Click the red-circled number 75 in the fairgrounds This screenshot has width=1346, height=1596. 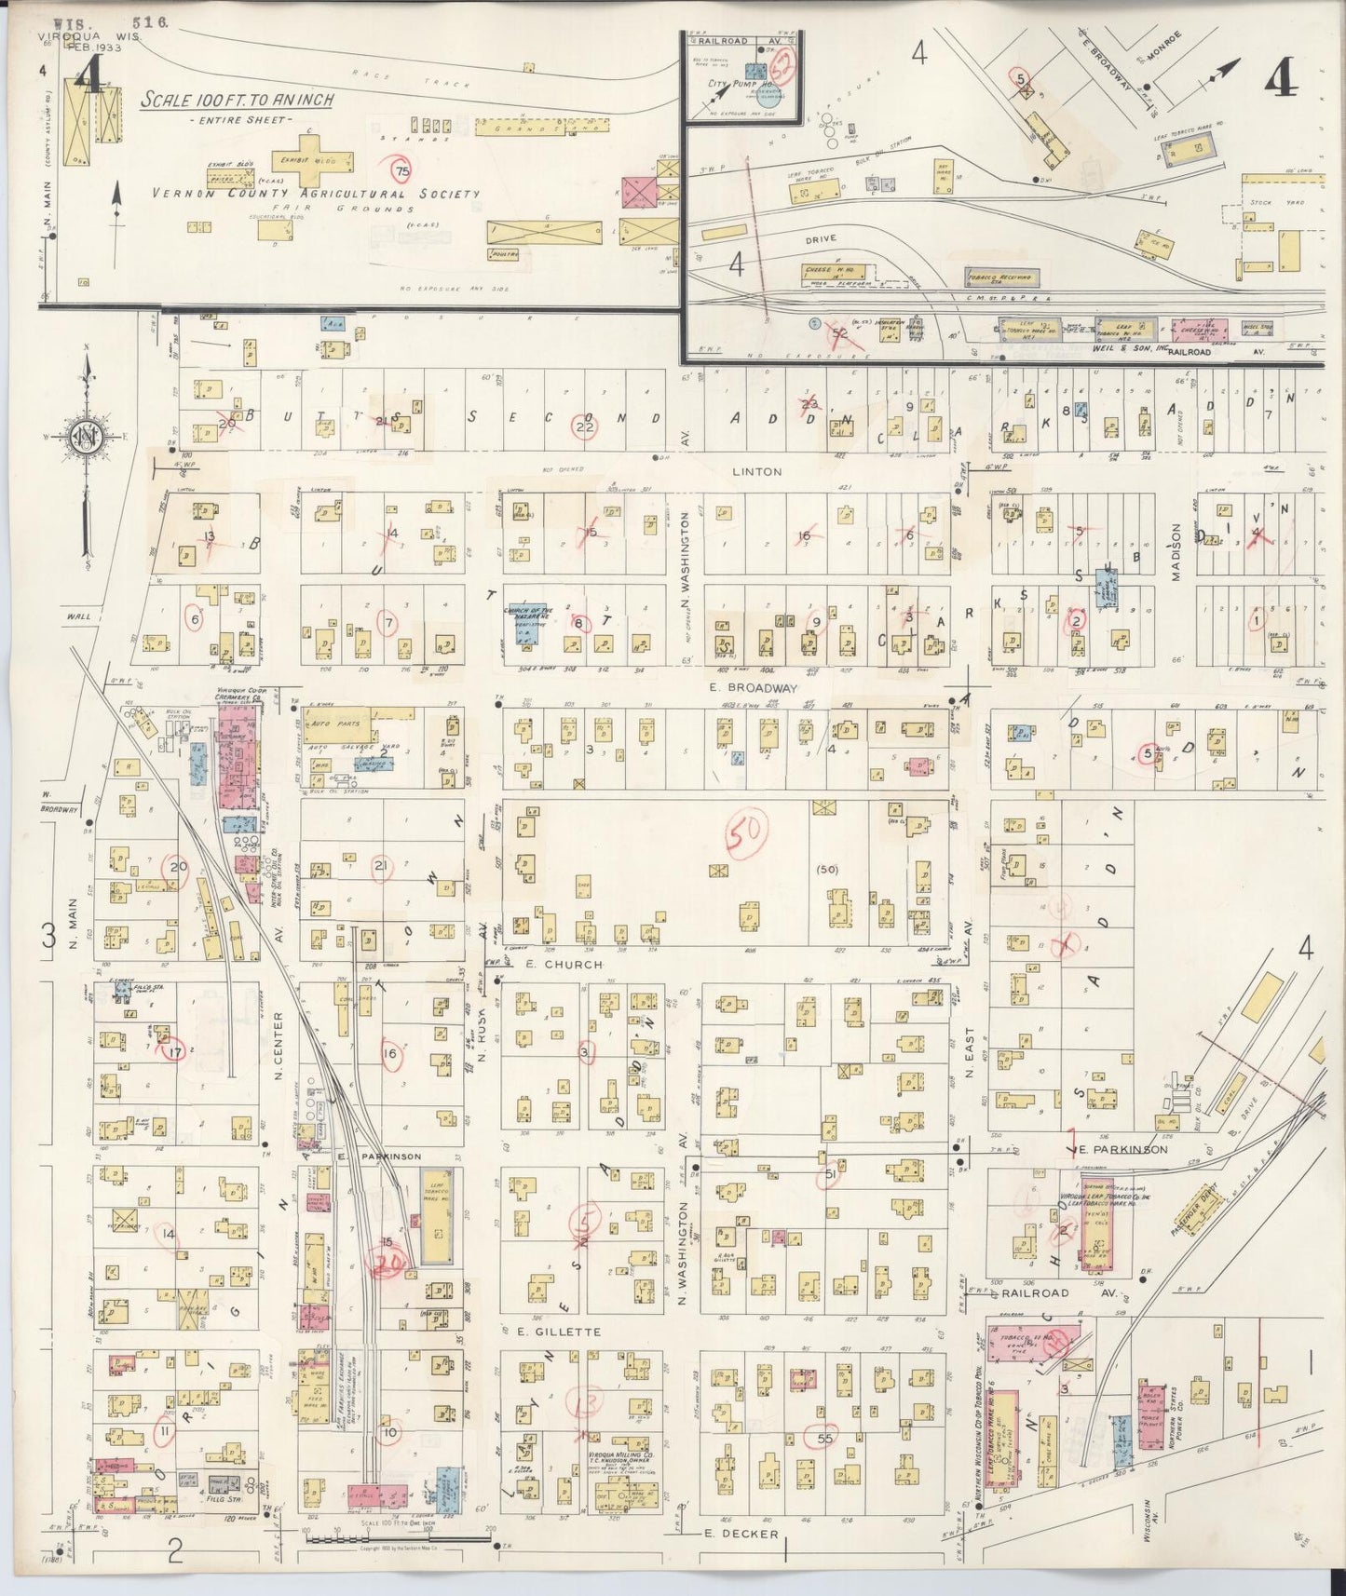pos(401,171)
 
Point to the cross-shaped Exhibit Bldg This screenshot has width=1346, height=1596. pos(308,161)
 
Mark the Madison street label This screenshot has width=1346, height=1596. pos(1176,552)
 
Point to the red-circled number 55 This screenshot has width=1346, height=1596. pos(823,1439)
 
